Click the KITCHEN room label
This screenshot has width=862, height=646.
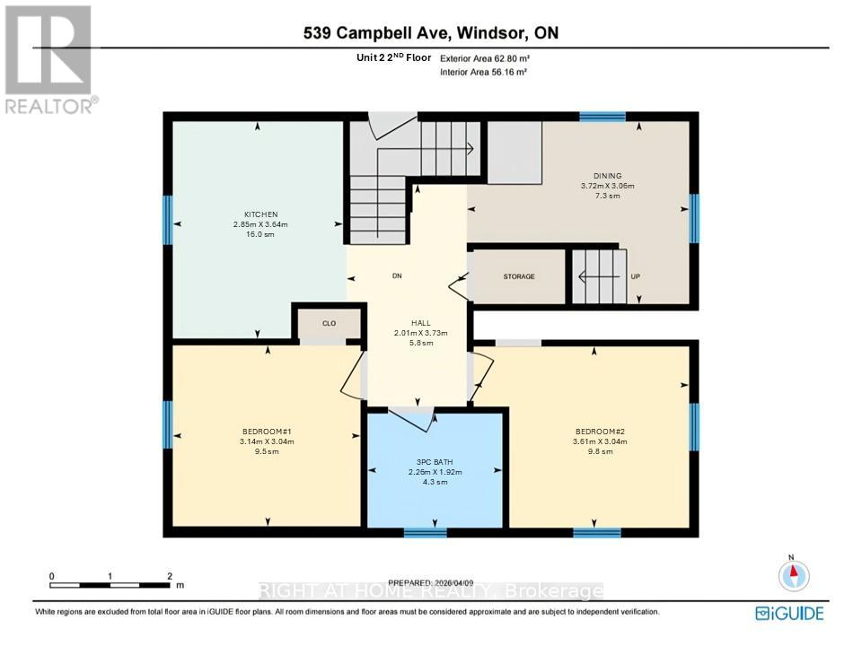pos(258,214)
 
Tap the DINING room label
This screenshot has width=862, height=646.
pos(607,176)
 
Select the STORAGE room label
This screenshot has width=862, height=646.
pos(518,276)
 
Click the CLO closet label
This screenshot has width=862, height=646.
pos(330,323)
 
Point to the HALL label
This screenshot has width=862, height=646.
pos(421,323)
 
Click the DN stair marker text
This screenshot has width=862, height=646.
pos(396,276)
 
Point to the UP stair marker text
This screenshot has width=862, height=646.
pos(635,276)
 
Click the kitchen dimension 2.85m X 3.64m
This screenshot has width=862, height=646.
pos(258,224)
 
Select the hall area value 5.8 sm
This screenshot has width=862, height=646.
pos(421,343)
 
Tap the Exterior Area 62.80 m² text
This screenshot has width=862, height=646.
pos(483,57)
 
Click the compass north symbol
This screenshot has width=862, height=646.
pos(795,574)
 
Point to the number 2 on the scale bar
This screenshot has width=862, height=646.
pos(169,576)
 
